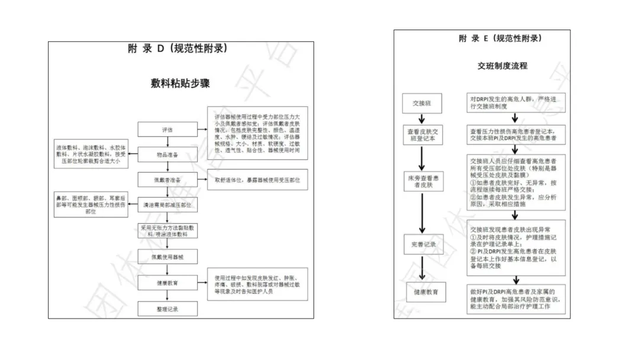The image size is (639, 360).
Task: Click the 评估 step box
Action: click(167, 129)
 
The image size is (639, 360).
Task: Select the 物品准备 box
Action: click(167, 155)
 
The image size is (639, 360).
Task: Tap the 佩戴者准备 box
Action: click(167, 179)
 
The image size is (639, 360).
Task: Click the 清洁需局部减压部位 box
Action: click(167, 204)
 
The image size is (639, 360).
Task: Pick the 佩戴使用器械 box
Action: click(167, 256)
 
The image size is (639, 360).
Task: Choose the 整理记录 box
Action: click(167, 308)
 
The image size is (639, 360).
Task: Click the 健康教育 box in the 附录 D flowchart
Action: click(167, 282)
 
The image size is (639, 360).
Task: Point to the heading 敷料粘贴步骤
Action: click(180, 83)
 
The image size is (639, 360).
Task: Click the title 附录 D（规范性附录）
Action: click(177, 49)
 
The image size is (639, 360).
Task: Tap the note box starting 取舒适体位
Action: click(257, 179)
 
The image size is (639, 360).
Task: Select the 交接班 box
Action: click(421, 103)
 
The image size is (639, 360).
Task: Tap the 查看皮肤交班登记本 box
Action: click(421, 135)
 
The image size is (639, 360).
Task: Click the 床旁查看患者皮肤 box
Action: click(421, 182)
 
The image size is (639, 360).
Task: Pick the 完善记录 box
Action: click(421, 244)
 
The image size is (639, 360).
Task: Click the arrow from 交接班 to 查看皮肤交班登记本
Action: click(421, 118)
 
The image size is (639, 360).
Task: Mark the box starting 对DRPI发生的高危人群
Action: click(517, 103)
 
